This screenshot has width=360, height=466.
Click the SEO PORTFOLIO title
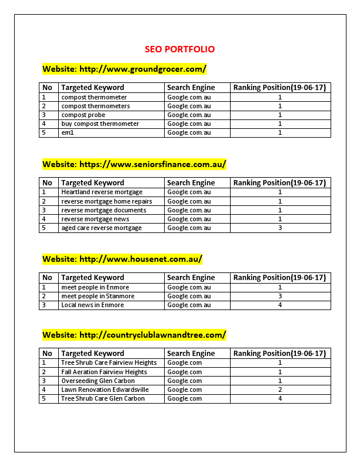pos(179,49)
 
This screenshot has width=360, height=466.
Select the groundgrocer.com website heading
pos(124,69)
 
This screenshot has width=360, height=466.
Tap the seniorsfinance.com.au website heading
pos(134,164)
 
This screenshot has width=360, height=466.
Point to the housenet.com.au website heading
pos(122,258)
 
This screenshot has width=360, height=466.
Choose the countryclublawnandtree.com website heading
pos(134,335)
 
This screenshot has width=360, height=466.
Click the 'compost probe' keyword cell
pos(84,115)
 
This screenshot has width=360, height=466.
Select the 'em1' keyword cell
pos(68,132)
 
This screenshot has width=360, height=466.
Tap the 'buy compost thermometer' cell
pos(100,124)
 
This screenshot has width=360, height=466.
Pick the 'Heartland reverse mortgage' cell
pos(102,192)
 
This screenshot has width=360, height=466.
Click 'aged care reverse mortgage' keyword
pos(101,228)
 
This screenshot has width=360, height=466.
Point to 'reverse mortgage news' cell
pos(95,219)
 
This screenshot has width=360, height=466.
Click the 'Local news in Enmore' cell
pos(92,305)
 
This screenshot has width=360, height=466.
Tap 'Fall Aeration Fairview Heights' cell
pos(104,372)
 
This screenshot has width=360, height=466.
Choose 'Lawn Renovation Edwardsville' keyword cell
pos(105,390)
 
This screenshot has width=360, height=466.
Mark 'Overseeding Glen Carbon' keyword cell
pos(98,381)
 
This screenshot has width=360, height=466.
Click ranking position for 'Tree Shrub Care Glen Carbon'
pos(280,398)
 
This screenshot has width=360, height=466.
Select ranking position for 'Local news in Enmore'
pos(280,305)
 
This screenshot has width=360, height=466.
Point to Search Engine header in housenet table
pos(191,278)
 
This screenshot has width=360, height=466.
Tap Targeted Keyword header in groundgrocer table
pos(93,88)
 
